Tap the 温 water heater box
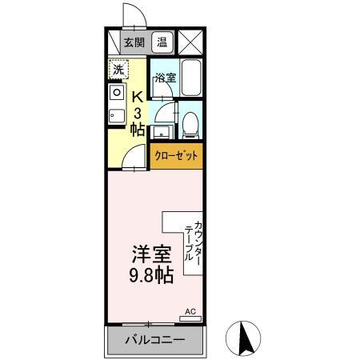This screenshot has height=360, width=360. (162, 43)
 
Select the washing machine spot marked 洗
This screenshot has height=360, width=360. (118, 70)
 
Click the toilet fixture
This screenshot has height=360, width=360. (190, 122)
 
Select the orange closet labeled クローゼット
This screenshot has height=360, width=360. (176, 155)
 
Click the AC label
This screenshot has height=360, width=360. (190, 311)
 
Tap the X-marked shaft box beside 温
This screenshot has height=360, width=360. (190, 42)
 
